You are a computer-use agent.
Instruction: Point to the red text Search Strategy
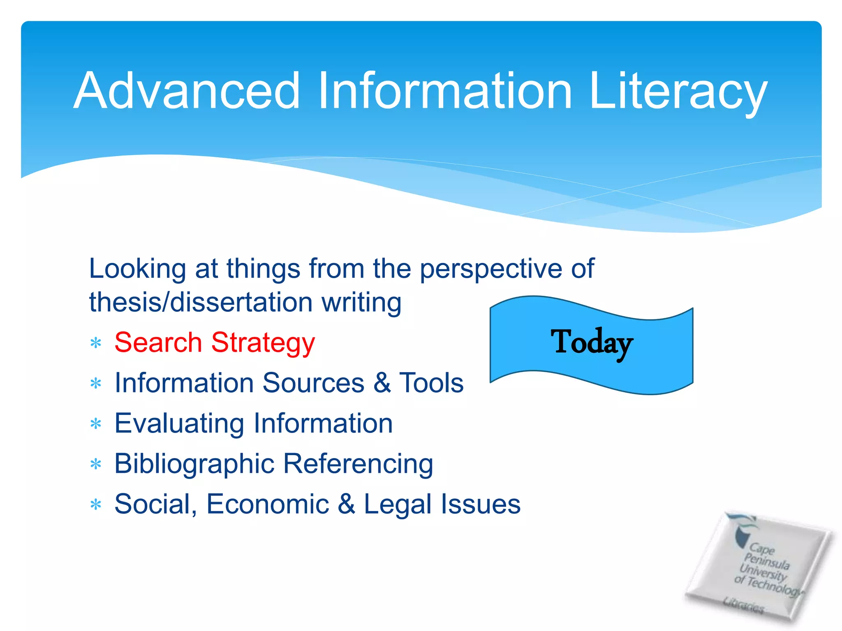pos(215,343)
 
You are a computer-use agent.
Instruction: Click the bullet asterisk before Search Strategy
pos(96,343)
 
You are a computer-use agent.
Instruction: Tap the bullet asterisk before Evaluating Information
pos(96,424)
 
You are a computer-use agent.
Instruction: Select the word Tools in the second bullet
pos(431,383)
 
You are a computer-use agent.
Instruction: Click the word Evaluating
pos(179,424)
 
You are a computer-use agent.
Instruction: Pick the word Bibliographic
pos(194,464)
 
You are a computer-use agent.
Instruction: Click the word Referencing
pos(358,464)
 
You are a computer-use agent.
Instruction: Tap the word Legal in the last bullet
pos(396,504)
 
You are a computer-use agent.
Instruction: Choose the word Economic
pos(268,504)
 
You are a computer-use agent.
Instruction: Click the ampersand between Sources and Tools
pos(382,383)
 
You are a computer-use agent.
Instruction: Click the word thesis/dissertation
pos(201,302)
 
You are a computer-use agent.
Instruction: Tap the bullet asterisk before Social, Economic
pos(96,504)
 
